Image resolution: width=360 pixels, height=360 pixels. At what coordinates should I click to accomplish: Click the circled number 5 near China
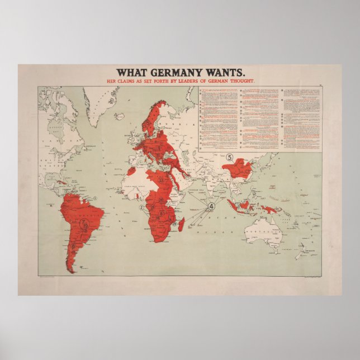click(x=229, y=157)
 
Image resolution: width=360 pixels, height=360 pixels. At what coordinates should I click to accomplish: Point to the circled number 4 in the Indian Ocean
click(x=211, y=206)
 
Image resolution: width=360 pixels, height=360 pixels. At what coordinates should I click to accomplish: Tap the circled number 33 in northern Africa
click(x=160, y=181)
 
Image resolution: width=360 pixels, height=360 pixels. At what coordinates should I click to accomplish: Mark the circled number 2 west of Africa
click(x=142, y=207)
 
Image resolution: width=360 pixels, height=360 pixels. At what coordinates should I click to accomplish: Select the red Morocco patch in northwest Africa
click(x=140, y=167)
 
